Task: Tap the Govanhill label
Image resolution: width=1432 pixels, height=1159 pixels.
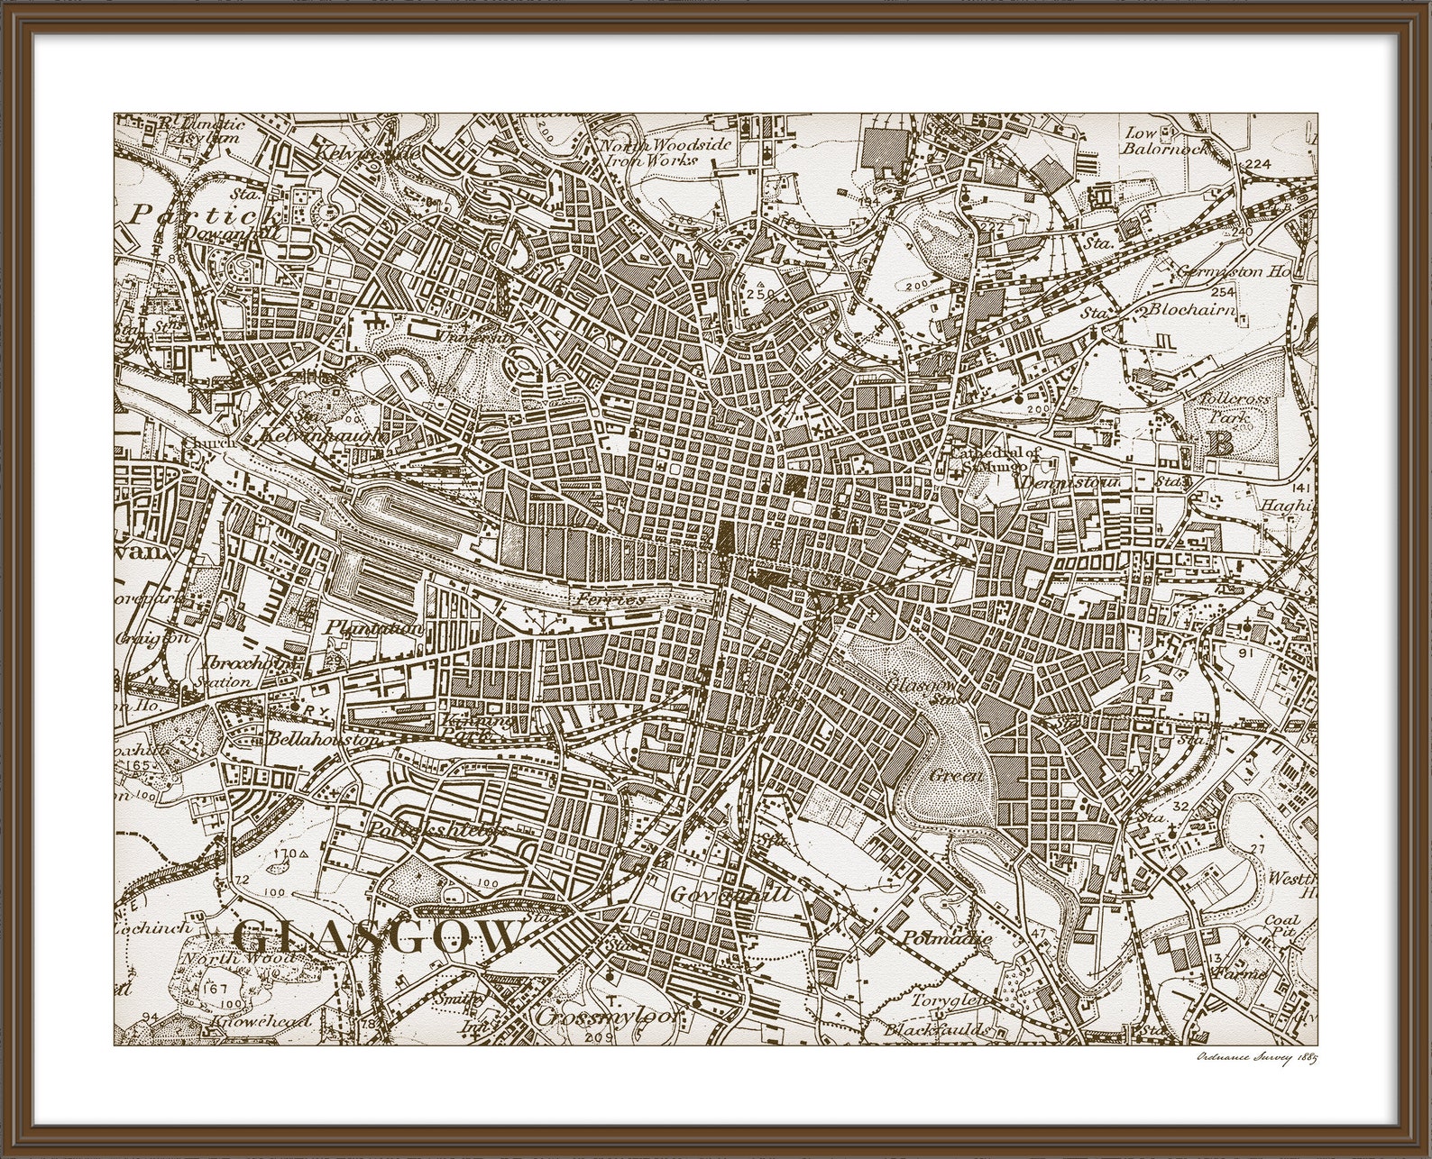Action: (731, 895)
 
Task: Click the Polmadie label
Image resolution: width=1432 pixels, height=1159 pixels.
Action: (946, 937)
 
